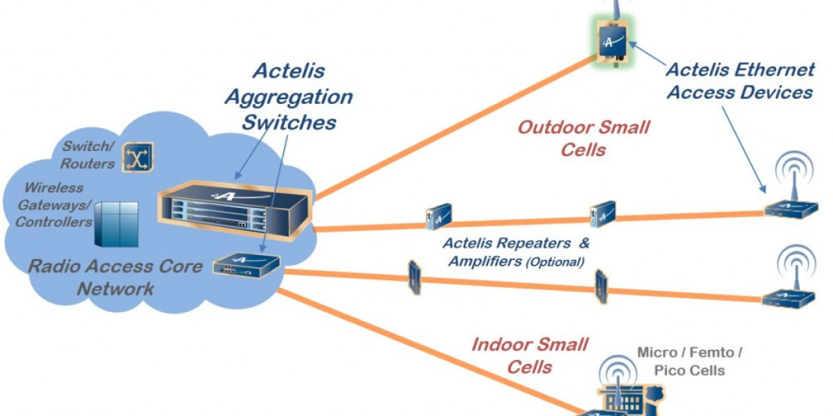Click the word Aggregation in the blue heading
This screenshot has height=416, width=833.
289,96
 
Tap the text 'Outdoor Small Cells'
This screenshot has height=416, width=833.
584,138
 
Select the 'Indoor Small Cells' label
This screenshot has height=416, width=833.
530,355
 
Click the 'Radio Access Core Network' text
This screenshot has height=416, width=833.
115,277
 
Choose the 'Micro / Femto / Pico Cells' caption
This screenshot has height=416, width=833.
689,361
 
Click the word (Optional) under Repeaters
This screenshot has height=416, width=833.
555,262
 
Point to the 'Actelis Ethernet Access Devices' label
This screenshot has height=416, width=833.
740,80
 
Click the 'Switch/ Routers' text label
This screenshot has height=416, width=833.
87,155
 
